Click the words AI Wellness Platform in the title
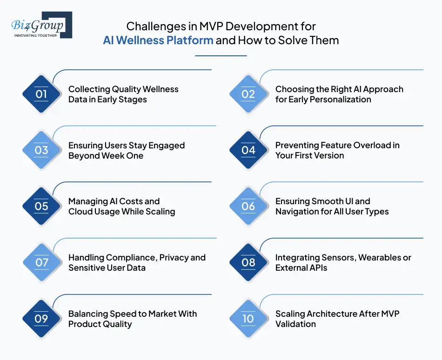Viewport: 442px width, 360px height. click(158, 40)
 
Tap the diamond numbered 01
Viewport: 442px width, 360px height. click(41, 94)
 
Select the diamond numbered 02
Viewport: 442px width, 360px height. click(248, 94)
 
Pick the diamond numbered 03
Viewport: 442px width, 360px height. click(41, 150)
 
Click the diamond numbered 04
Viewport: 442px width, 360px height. click(248, 150)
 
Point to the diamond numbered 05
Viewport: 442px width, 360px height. click(41, 206)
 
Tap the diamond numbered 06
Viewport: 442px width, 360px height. click(248, 206)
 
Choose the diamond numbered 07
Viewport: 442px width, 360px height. click(41, 262)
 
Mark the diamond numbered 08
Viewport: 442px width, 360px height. click(248, 262)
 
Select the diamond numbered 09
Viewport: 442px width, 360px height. click(41, 319)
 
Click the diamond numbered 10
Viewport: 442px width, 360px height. click(248, 319)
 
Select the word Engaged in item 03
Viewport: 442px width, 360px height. click(166, 146)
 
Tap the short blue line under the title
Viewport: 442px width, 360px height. click(221, 56)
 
